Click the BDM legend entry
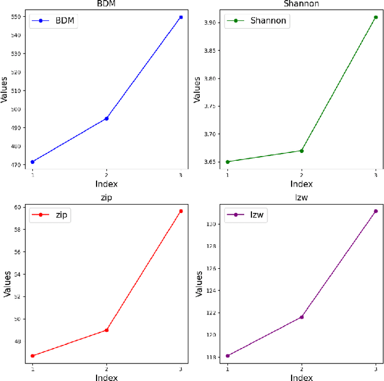tap(55, 22)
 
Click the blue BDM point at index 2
tap(107, 118)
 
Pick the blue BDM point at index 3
tap(181, 17)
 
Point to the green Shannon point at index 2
tap(301, 151)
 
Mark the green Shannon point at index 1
tap(227, 162)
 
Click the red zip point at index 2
tap(107, 330)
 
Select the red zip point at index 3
tap(181, 211)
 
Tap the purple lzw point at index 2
tap(301, 317)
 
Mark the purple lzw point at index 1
tap(227, 356)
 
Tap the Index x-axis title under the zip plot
tap(106, 377)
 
